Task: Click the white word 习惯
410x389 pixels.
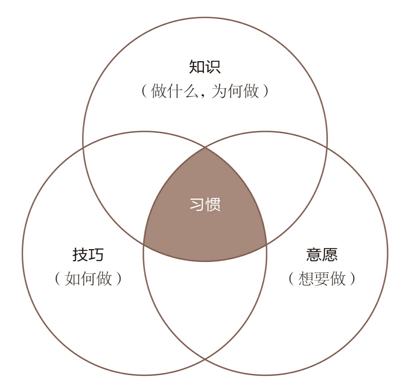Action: [205, 205]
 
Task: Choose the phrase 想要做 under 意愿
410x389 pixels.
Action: [322, 279]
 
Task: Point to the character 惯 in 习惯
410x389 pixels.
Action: [213, 205]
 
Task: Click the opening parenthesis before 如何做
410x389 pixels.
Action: [57, 279]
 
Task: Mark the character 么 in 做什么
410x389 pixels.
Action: [190, 91]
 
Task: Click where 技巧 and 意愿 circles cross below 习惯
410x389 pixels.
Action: [205, 359]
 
